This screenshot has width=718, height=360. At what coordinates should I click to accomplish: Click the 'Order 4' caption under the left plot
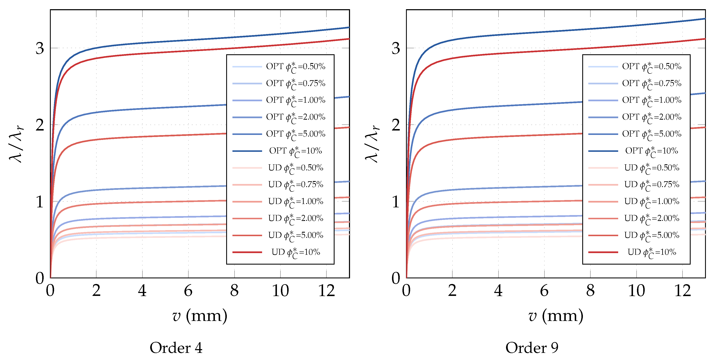pos(176,348)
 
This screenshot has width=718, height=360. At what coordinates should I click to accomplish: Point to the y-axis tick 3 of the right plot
pos(396,48)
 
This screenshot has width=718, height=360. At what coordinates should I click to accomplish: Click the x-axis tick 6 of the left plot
pos(188,291)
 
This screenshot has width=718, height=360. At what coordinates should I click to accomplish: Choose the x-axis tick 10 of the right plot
pos(636,291)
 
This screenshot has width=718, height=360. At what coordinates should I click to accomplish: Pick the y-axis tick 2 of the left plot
pos(40,125)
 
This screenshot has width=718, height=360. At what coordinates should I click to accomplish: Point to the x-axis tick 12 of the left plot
pos(326,291)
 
